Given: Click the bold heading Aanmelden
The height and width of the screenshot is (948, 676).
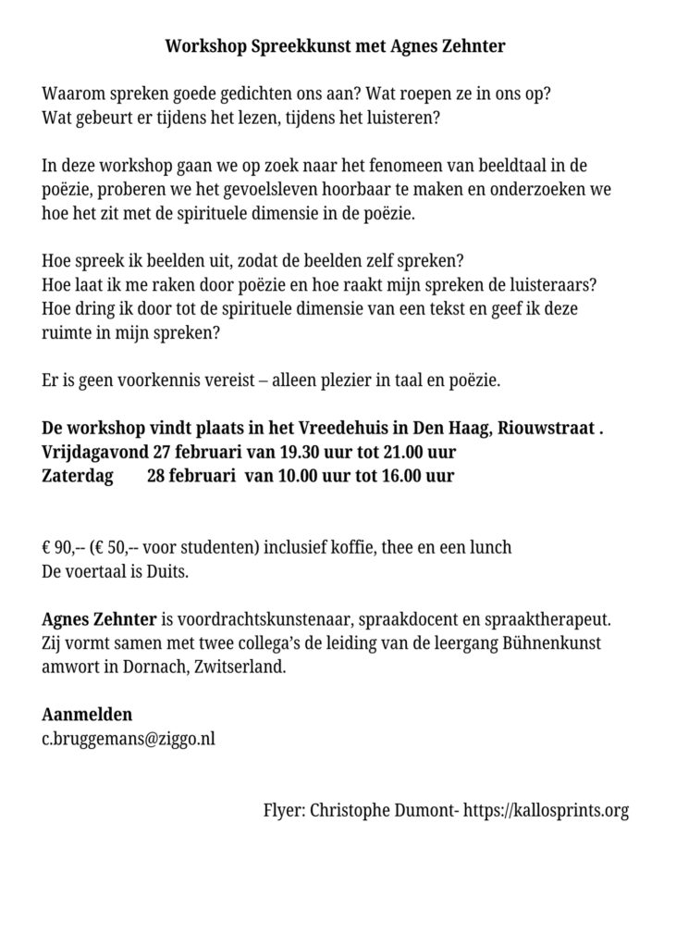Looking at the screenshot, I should click(x=87, y=715).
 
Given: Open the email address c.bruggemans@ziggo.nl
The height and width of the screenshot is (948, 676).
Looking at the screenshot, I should click(x=129, y=739).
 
